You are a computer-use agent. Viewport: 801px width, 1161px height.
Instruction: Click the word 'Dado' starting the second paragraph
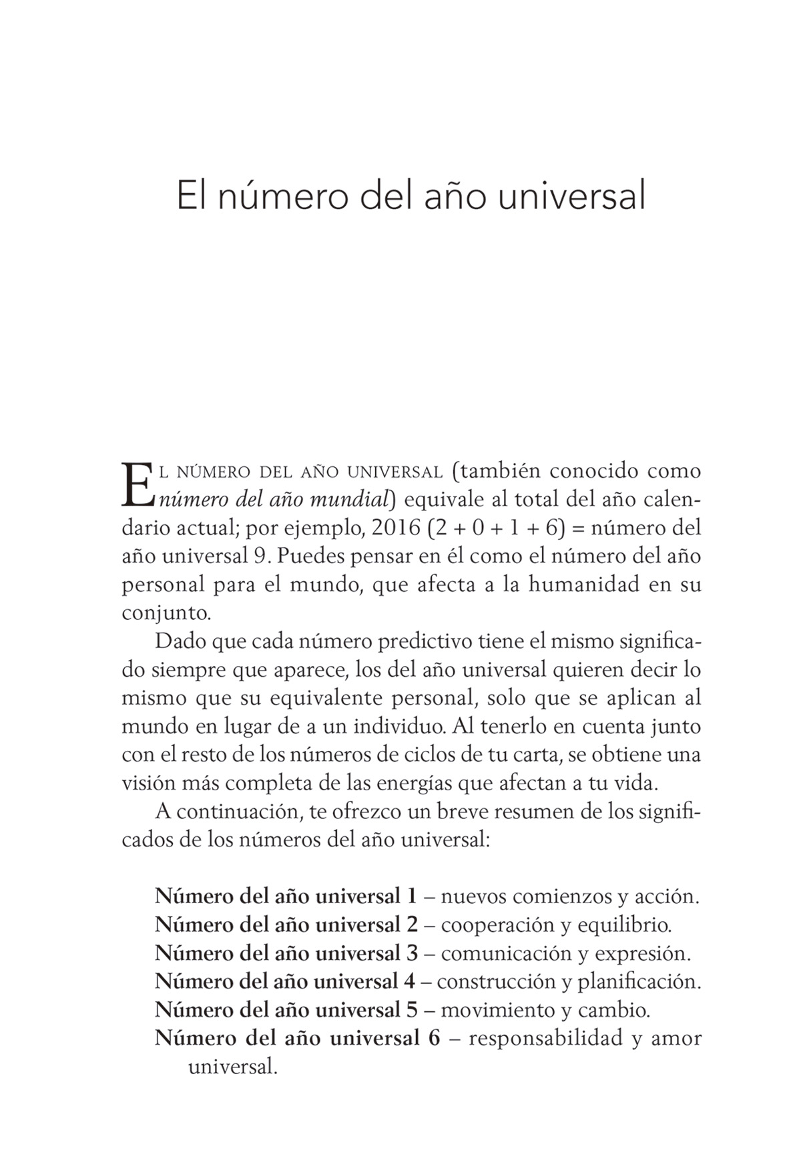pyautogui.click(x=181, y=641)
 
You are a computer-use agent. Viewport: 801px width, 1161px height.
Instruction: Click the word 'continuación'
pyautogui.click(x=240, y=811)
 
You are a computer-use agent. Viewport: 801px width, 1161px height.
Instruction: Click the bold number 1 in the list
pyautogui.click(x=411, y=896)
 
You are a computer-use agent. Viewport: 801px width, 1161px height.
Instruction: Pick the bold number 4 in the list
pyautogui.click(x=409, y=981)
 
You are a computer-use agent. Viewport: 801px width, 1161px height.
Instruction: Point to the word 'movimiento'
pyautogui.click(x=497, y=1009)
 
